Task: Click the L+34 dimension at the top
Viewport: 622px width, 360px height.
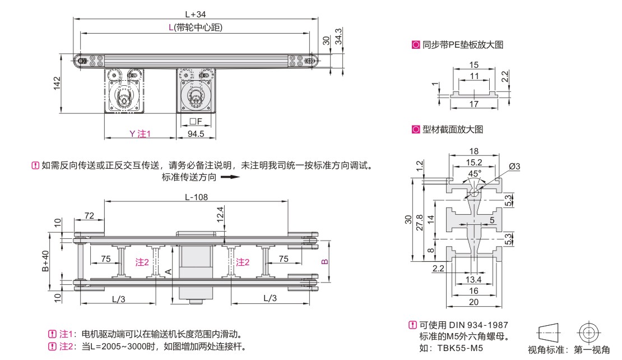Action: (195, 13)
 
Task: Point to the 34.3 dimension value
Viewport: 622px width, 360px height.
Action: (338, 38)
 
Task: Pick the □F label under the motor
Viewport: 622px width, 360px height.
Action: (195, 121)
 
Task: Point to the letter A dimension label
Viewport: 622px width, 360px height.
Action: (169, 271)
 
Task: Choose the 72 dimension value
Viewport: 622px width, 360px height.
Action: (89, 215)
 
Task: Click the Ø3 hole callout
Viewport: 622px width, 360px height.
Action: (515, 167)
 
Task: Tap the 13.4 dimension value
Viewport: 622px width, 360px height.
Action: (474, 279)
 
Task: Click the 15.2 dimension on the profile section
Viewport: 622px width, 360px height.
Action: (474, 163)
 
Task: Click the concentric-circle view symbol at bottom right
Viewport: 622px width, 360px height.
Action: (588, 333)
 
